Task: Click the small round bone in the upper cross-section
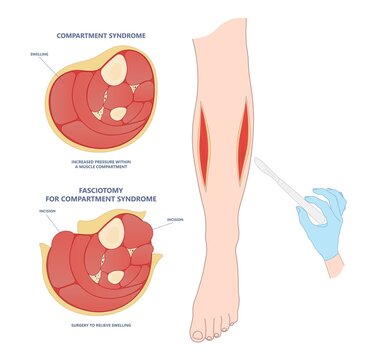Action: [117, 113]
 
